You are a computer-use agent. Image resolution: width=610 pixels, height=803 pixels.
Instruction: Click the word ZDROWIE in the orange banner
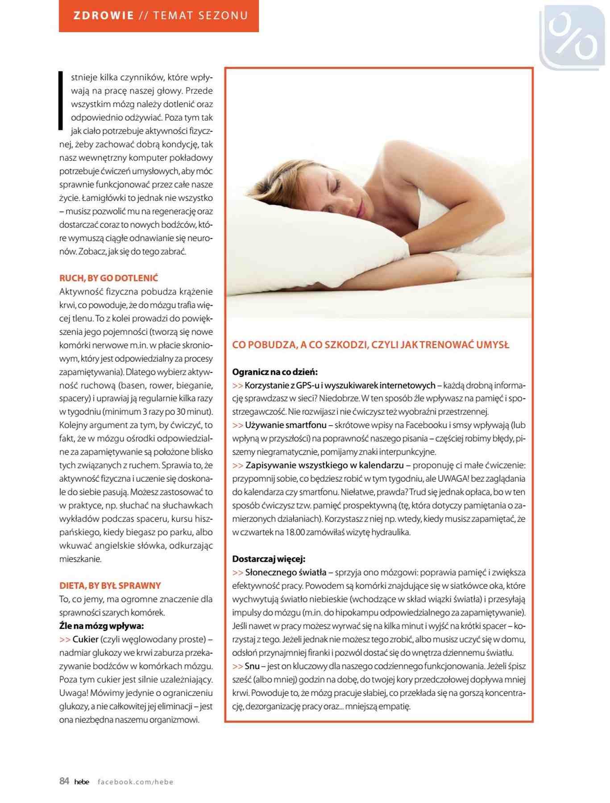click(x=104, y=16)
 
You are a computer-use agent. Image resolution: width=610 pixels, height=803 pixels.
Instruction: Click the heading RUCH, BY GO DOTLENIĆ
click(x=109, y=278)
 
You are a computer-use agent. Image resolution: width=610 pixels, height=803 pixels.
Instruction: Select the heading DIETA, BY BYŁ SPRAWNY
click(x=110, y=586)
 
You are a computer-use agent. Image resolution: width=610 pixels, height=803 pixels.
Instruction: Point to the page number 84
click(x=64, y=781)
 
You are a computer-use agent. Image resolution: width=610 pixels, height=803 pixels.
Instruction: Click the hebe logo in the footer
click(x=82, y=782)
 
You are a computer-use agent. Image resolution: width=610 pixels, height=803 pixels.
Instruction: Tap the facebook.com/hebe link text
click(x=135, y=782)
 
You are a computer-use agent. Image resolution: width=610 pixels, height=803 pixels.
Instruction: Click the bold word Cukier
click(x=85, y=639)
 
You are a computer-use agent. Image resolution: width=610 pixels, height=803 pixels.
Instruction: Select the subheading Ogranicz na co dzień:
click(x=275, y=372)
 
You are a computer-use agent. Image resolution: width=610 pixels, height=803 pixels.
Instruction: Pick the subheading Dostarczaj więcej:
click(x=269, y=559)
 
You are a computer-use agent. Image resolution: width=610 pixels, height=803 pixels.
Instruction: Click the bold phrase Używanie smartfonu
click(x=286, y=425)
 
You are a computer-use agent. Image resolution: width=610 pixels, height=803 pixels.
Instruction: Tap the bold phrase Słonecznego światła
click(x=286, y=572)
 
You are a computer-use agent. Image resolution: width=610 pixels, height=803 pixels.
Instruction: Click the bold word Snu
click(x=252, y=666)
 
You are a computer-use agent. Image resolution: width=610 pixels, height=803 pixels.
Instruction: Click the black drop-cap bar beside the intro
click(x=61, y=101)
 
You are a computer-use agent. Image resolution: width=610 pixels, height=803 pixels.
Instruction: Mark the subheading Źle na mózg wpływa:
click(x=101, y=626)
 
